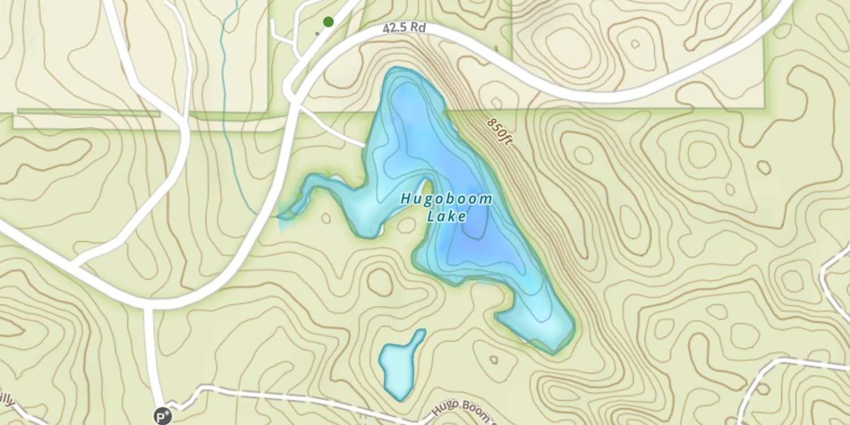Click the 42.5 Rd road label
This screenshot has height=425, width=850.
pyautogui.click(x=404, y=28)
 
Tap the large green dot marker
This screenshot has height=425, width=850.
pyautogui.click(x=328, y=22)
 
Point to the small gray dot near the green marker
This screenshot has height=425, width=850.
pyautogui.click(x=317, y=33)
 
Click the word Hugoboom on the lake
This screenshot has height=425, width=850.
pyautogui.click(x=446, y=199)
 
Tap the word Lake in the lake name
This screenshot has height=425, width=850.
pyautogui.click(x=447, y=216)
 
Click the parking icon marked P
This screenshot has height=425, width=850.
pyautogui.click(x=163, y=417)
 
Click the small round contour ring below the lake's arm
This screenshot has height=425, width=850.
pyautogui.click(x=326, y=218)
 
